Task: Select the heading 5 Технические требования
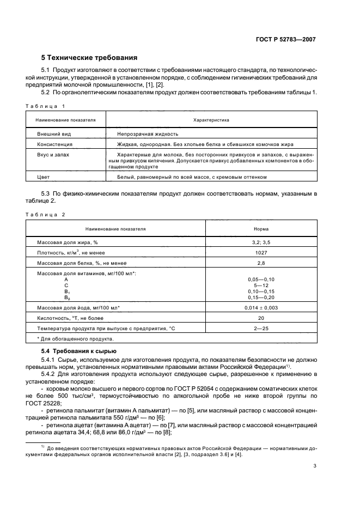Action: (x=89, y=57)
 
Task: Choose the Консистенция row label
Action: (x=54, y=144)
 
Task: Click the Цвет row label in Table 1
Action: (x=43, y=177)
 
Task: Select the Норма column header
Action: (x=261, y=229)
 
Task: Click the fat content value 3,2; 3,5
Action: (x=261, y=242)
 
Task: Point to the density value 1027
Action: (x=261, y=252)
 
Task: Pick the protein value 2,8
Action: (x=261, y=263)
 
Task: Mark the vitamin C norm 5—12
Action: (x=261, y=285)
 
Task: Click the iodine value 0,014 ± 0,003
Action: (x=261, y=308)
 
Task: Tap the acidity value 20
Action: (x=261, y=318)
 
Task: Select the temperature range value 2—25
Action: (x=261, y=329)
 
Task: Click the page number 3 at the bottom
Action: (x=315, y=466)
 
